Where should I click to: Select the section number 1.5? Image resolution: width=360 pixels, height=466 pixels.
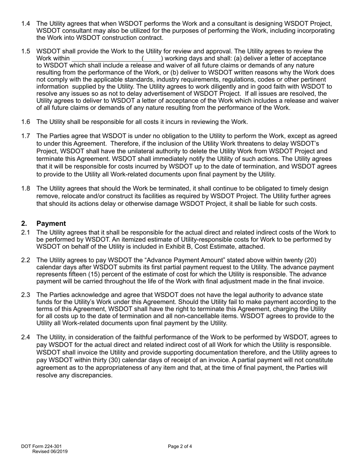tap(25, 52)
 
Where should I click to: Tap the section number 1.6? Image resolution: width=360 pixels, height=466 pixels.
tap(25, 122)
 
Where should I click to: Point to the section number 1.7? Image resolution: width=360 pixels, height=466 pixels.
tap(25, 136)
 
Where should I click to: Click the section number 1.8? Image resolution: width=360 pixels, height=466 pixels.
tap(25, 189)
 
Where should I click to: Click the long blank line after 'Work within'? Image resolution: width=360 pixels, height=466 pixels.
tap(106, 59)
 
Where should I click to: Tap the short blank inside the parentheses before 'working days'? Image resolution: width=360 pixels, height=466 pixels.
tap(151, 59)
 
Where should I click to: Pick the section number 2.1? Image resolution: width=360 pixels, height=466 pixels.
tap(25, 233)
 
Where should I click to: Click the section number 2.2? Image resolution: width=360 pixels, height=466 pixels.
tap(25, 260)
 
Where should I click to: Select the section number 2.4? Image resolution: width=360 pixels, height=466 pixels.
tap(25, 337)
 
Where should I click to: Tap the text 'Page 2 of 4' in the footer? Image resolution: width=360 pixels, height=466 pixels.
tap(180, 446)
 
